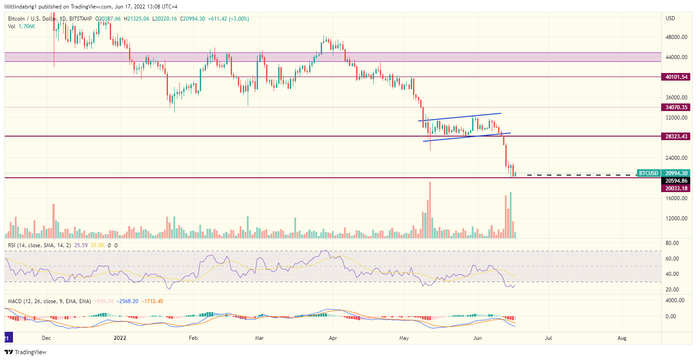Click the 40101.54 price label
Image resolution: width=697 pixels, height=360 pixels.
click(676, 77)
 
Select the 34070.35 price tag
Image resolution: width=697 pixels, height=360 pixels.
click(676, 107)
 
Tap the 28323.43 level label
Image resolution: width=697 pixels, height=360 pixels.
click(676, 136)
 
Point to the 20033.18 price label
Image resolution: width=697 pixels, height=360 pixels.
click(676, 189)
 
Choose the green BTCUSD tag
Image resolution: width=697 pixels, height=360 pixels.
click(649, 173)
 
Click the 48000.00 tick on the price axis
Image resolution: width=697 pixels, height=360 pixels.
click(676, 37)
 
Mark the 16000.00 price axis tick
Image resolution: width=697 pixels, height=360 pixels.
click(676, 198)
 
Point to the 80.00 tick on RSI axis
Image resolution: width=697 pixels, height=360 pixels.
click(672, 243)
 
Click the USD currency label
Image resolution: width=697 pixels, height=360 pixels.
click(671, 18)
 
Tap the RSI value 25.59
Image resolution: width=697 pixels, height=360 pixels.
click(81, 245)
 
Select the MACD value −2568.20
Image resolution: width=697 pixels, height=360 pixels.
click(129, 301)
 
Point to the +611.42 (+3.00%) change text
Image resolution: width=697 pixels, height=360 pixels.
click(228, 19)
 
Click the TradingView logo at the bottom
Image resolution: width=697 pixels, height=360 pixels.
click(26, 352)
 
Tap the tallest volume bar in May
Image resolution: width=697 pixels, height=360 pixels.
click(430, 210)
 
